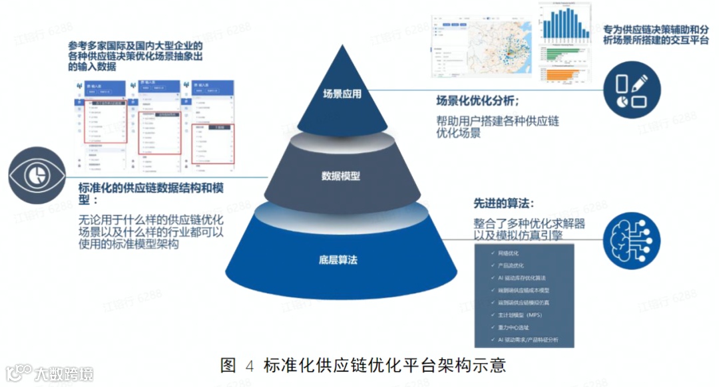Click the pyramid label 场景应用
pyautogui.click(x=342, y=94)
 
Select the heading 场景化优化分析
pyautogui.click(x=477, y=100)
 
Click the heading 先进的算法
pyautogui.click(x=503, y=203)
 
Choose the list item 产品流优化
pyautogui.click(x=511, y=265)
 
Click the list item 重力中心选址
pyautogui.click(x=513, y=327)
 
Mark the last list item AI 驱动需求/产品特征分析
pyautogui.click(x=528, y=340)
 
